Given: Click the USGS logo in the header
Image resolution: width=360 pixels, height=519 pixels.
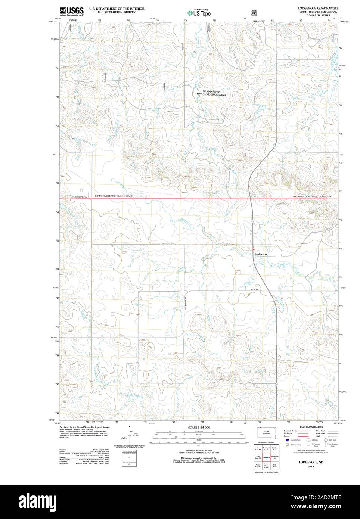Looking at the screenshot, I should (71, 11).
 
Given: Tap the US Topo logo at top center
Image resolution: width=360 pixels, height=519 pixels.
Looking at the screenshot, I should (199, 13).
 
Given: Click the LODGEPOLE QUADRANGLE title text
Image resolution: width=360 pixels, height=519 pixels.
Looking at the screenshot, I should (318, 8).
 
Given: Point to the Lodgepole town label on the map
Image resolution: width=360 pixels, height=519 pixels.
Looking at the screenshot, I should (261, 254).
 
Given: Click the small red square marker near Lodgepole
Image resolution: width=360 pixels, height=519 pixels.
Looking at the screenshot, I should (253, 249).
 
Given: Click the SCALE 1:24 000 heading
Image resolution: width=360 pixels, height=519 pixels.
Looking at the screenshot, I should (199, 427).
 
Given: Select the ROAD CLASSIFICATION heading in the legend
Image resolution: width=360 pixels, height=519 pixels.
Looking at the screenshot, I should (308, 427).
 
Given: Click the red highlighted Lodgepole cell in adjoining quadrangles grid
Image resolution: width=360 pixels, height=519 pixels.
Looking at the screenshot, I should (266, 457).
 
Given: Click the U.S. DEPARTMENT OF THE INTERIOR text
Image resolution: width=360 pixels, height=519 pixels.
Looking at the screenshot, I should (117, 8).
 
